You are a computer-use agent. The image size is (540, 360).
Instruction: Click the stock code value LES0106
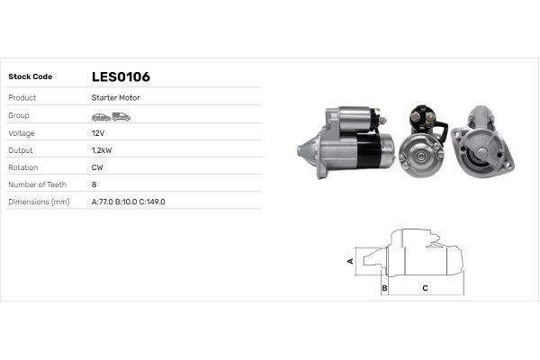121,76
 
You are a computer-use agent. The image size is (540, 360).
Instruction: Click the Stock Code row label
30,76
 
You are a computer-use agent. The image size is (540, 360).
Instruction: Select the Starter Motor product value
115,97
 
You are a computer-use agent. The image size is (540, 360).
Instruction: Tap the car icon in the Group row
101,116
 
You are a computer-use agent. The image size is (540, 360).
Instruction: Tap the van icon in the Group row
121,116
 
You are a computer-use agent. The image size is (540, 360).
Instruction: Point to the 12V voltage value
98,132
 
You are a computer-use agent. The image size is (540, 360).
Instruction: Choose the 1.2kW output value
102,149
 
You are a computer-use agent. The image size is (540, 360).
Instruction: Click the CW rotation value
97,167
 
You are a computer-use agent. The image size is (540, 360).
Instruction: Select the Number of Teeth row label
37,184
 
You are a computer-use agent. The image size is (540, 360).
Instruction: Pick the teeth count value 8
94,184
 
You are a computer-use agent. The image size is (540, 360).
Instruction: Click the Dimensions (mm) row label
39,202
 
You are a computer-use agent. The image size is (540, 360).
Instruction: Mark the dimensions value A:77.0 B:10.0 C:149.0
129,202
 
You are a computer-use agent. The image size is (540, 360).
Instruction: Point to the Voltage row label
21,132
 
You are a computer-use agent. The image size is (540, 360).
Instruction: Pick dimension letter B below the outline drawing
384,288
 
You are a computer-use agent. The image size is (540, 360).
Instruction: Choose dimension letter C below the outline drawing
425,288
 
